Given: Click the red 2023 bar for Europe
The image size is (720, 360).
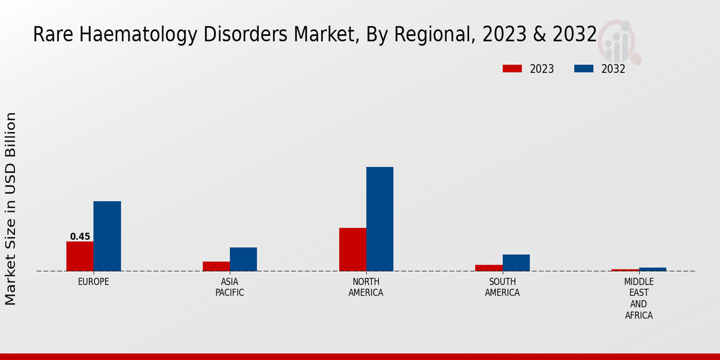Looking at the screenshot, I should point(80,256).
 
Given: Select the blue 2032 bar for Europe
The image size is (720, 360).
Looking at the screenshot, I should point(107,236).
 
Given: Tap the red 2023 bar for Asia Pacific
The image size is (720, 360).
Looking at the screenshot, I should point(216,266).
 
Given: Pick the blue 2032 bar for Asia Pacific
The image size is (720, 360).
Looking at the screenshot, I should point(243,259).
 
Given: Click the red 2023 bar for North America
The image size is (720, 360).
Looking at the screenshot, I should point(352,250).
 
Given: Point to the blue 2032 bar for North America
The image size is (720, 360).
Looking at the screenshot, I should point(380,219).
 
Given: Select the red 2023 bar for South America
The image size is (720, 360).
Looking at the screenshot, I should point(489,268).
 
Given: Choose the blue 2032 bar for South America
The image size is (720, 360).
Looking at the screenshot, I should point(516,263).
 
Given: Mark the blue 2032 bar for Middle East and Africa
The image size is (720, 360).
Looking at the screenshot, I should point(653,269).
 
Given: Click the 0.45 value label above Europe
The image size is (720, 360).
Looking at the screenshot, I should point(80,236).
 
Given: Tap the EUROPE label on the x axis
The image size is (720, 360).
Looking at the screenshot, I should point(94,281).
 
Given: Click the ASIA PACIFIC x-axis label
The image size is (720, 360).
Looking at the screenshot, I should point(230,287).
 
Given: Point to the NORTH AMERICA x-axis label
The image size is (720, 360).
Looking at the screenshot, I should point(366,287).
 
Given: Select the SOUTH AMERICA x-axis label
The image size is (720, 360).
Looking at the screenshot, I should point(502,287).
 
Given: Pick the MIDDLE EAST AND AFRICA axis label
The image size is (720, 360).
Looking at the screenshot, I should point(639,298).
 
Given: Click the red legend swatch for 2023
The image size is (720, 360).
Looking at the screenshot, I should point(512,69).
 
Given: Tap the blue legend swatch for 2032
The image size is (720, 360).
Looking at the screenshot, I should point(583,69).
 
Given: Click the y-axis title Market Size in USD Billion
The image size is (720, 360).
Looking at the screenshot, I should point(11,209).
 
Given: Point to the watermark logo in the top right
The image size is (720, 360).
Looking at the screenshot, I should point(619,41).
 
